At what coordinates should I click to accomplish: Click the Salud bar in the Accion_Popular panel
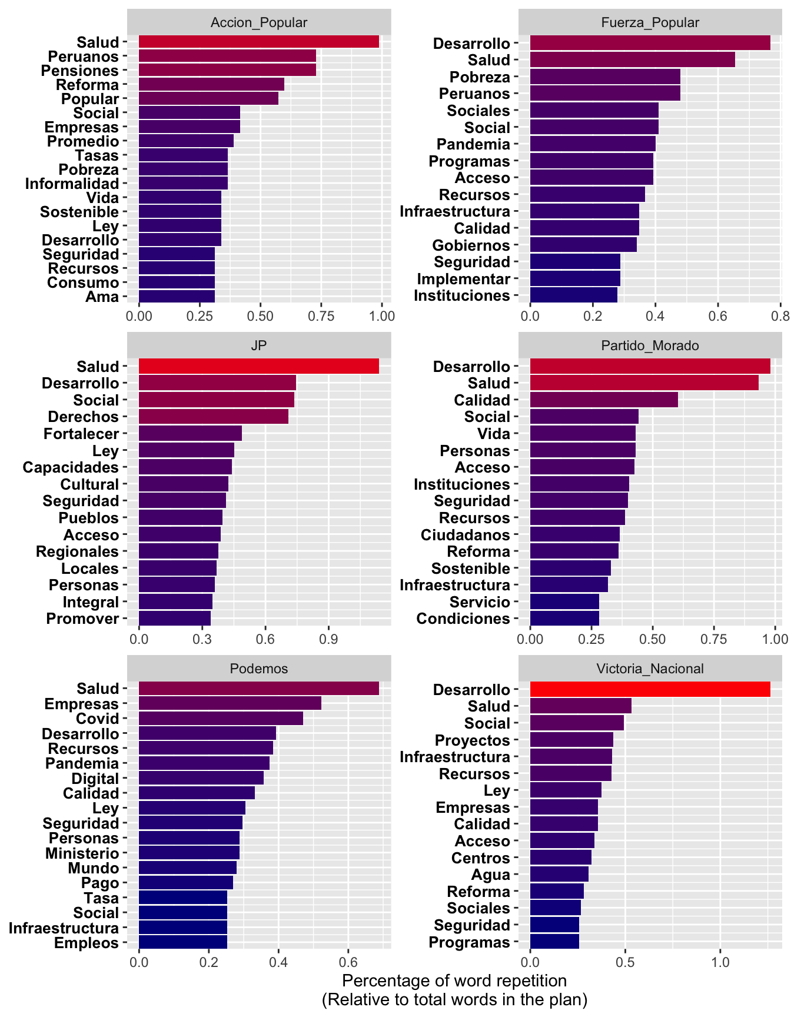point(259,42)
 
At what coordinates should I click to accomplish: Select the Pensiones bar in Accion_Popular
point(227,71)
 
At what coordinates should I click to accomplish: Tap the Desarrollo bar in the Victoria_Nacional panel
point(650,689)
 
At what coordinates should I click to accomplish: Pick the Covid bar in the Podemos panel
point(221,718)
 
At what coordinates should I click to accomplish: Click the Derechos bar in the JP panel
point(214,417)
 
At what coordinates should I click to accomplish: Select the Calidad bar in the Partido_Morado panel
point(604,400)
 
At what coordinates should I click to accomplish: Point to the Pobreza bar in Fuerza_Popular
point(605,77)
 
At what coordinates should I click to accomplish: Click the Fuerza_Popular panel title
point(650,22)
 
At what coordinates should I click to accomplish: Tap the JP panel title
point(259,345)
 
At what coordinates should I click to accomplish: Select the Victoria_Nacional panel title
point(650,669)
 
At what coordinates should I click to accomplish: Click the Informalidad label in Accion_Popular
point(72,184)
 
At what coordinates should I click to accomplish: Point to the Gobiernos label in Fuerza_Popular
point(471,245)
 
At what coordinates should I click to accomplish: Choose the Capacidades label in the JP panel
point(71,467)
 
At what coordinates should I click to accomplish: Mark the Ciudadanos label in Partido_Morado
point(465,535)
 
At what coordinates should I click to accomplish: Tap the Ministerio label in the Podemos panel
point(82,853)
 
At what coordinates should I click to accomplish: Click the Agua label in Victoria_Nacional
point(490,875)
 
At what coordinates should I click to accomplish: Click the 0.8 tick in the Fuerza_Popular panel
point(780,316)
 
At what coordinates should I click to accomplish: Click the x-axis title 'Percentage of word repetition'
point(454,981)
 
